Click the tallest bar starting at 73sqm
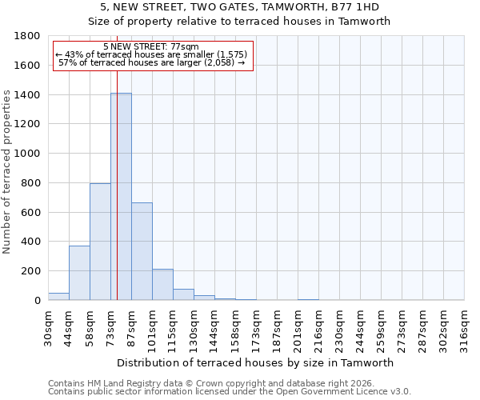point(121,197)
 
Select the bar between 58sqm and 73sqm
point(100,242)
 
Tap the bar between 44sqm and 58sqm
point(79,273)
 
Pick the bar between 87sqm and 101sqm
point(142,251)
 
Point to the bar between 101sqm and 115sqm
point(162,285)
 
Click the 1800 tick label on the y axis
point(28,36)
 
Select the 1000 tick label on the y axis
point(28,154)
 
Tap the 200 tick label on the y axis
point(31,271)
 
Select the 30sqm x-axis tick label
point(48,327)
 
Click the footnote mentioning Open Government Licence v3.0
point(230,392)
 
